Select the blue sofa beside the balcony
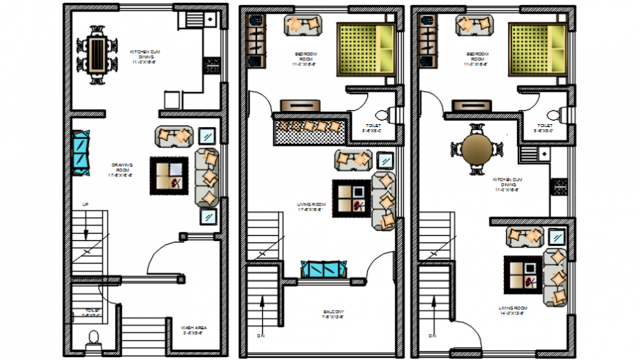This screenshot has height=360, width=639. click(324, 269)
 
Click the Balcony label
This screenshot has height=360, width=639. click(333, 315)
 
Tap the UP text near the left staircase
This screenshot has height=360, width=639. click(85, 203)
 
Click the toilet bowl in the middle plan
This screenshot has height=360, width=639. click(380, 116)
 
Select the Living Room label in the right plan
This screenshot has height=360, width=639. click(512, 310)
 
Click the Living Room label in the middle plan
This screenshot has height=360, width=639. click(311, 206)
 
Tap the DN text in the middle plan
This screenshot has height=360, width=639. click(259, 335)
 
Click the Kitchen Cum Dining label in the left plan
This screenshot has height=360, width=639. click(144, 56)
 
